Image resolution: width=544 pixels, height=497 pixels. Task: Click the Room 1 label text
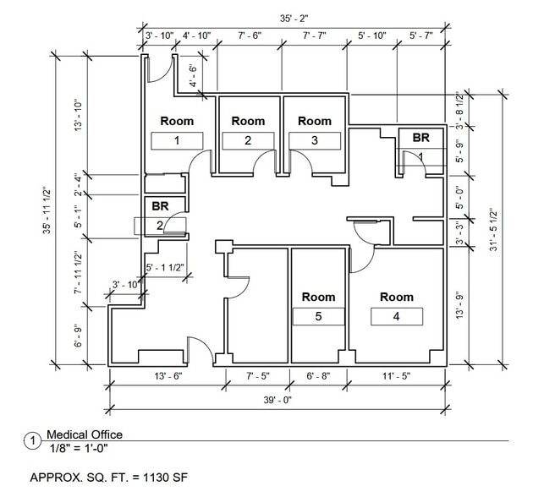coord(177,121)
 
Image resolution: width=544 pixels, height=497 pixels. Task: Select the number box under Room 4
coord(396,317)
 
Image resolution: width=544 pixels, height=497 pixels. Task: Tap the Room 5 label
coord(318,297)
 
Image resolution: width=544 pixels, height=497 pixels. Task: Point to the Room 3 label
coord(315,121)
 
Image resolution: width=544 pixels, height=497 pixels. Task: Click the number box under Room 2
coord(248,140)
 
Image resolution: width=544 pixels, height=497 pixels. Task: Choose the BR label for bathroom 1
coord(421,137)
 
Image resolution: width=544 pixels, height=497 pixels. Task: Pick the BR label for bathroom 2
coord(160,205)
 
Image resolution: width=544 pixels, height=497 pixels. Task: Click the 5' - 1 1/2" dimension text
coord(168,268)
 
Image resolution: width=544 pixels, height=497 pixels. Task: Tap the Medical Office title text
coord(84,434)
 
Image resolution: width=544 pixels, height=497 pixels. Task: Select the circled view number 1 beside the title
coord(33,441)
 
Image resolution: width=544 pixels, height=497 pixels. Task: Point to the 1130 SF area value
coord(163,477)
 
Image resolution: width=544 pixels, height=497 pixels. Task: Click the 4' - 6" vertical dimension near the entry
coord(194,76)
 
